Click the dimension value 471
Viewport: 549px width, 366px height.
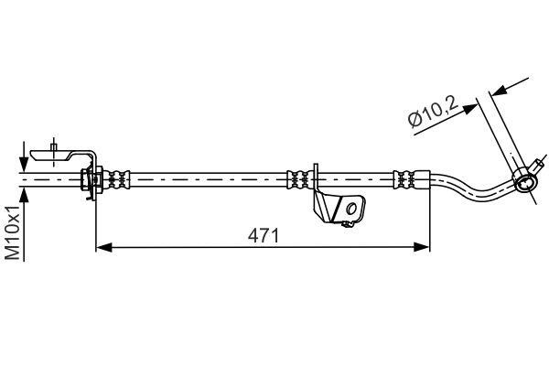264,235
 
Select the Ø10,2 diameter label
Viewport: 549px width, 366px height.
433,112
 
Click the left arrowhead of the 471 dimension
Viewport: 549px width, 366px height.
103,247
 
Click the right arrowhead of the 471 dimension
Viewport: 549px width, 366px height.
421,247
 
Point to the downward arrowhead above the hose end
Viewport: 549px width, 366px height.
24,164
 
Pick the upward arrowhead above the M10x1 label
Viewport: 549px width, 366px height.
24,195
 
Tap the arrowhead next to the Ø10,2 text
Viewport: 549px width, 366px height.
470,108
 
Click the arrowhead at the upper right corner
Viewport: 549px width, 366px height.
499,91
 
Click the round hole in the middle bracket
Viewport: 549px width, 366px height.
351,210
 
